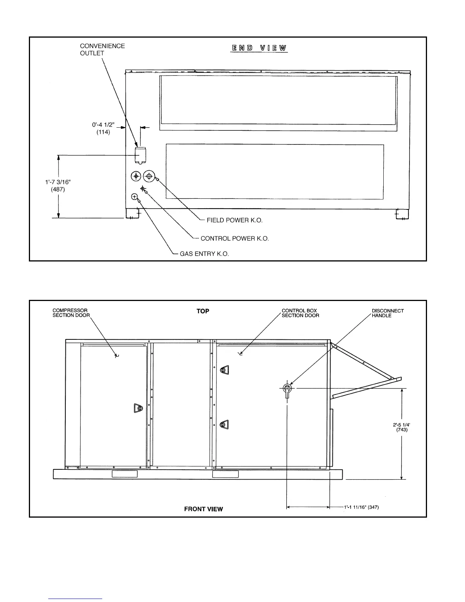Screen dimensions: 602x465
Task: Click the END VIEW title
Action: [x=259, y=48]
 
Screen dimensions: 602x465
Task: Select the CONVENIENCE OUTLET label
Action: [x=102, y=49]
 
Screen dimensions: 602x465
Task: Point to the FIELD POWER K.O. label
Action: [x=234, y=220]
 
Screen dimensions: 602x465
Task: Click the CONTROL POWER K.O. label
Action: [x=234, y=239]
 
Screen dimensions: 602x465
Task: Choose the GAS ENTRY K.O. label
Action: [x=204, y=254]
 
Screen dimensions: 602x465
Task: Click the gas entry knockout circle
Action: [x=134, y=196]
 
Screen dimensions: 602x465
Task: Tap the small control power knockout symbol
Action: [x=143, y=188]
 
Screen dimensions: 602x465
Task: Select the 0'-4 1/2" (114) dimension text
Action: [x=103, y=128]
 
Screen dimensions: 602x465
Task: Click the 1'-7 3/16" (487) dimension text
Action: [x=58, y=185]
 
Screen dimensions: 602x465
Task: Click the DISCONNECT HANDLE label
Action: [x=387, y=313]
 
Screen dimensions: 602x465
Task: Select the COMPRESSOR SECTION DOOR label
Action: [x=71, y=313]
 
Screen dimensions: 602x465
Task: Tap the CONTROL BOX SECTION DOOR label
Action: [x=300, y=313]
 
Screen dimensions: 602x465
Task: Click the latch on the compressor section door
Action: [x=138, y=409]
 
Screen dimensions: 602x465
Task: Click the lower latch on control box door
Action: [x=224, y=424]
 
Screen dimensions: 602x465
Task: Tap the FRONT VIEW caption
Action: [x=203, y=509]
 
